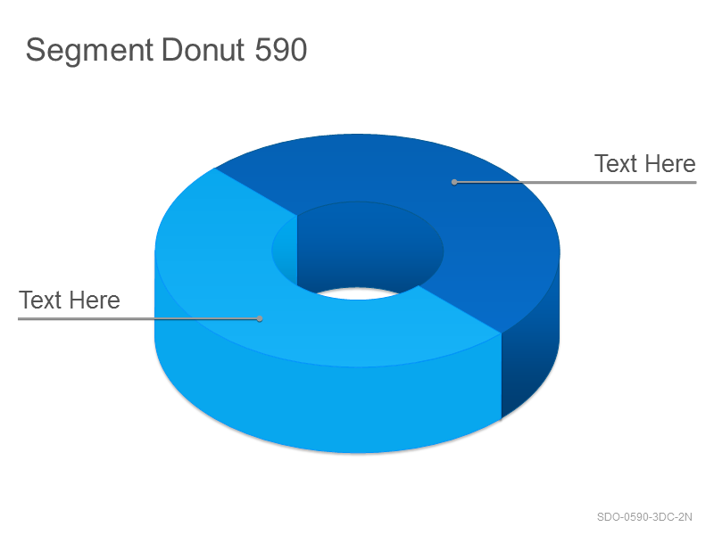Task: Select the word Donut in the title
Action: pos(203,49)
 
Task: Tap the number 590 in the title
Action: pos(281,50)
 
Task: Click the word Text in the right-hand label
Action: pos(615,164)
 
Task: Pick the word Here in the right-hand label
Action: pos(670,164)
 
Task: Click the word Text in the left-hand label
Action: pos(40,300)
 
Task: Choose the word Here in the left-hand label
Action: pos(95,300)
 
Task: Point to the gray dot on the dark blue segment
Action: pos(454,182)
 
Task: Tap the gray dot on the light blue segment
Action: pos(260,318)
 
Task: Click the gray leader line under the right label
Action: pos(575,182)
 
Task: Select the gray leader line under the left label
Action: pos(139,318)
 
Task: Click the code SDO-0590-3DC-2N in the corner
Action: pos(644,517)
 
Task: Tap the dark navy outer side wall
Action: pos(530,359)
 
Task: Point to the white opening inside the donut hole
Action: pos(358,293)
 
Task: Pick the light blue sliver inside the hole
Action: pos(286,251)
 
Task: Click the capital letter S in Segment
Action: pos(36,50)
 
